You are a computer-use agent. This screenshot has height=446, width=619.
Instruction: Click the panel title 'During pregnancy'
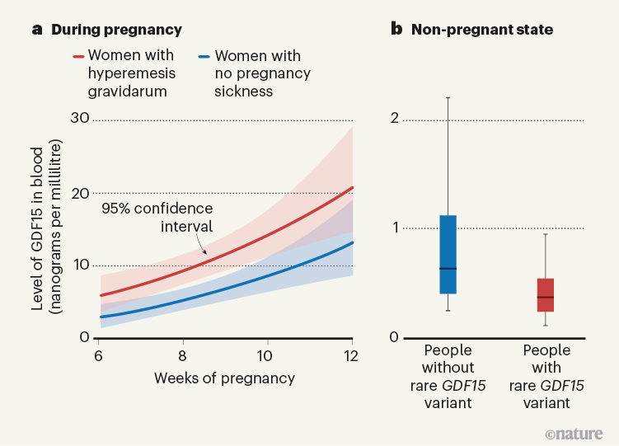click(116, 30)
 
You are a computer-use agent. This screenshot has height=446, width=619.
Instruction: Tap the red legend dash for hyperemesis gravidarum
click(79, 57)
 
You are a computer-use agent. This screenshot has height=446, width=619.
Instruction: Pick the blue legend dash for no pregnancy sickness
click(205, 57)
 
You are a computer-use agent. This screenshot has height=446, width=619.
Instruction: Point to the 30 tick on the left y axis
click(80, 118)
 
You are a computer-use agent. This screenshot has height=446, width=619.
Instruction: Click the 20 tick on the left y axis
click(80, 193)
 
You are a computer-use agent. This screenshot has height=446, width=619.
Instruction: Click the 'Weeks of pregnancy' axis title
click(224, 378)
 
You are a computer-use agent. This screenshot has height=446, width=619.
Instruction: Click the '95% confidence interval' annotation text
click(157, 217)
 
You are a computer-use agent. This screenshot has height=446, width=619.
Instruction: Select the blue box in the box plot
click(448, 254)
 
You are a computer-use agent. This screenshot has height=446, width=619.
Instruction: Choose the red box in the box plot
click(545, 294)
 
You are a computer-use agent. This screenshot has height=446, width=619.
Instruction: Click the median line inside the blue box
click(448, 269)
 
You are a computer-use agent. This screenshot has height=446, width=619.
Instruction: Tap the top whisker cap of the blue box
click(448, 97)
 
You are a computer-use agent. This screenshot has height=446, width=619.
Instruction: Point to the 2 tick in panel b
click(394, 119)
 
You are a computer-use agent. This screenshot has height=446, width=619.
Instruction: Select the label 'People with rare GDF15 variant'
click(546, 377)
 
